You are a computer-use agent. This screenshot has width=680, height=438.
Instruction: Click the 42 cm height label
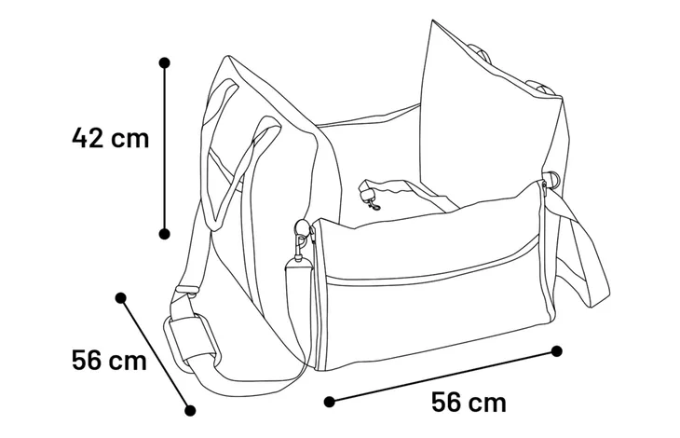110,138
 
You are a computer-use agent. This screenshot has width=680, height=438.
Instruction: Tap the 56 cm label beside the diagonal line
109,360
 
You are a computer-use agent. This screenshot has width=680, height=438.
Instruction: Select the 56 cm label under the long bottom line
469,402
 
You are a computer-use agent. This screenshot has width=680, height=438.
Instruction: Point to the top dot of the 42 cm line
164,63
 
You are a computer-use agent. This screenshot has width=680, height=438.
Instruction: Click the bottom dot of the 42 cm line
164,234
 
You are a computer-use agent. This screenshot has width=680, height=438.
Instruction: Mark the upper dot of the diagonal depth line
121,298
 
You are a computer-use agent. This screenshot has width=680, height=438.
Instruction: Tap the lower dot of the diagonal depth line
190,410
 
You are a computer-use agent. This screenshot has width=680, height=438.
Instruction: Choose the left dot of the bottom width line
330,402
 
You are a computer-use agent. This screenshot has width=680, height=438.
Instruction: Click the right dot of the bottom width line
557,351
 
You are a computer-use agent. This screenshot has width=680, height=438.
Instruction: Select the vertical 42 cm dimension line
164,149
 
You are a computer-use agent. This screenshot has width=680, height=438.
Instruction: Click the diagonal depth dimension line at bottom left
156,354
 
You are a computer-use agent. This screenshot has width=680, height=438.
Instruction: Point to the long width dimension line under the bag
443,376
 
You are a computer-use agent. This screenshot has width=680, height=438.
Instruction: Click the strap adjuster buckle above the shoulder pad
186,290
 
